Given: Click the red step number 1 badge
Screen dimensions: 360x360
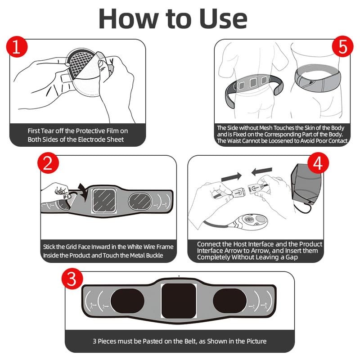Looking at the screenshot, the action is (x=17, y=47).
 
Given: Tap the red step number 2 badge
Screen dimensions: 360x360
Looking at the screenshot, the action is (x=48, y=163).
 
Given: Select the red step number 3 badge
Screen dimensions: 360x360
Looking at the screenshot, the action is (x=72, y=278).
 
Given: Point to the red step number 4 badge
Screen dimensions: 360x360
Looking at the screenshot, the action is (x=318, y=163).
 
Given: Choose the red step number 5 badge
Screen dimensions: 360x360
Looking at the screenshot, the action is (x=343, y=46).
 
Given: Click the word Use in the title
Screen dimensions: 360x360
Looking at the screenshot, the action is (x=223, y=19).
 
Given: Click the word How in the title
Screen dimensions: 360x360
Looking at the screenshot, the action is (x=129, y=19).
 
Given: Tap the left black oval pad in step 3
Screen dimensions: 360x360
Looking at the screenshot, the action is (x=127, y=301).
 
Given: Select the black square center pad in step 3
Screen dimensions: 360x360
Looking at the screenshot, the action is (x=179, y=301).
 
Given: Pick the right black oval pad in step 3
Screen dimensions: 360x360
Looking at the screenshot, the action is (x=230, y=301).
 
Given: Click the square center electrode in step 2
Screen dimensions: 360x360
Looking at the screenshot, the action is (x=104, y=201).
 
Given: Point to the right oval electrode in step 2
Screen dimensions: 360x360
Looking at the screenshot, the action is (x=140, y=201).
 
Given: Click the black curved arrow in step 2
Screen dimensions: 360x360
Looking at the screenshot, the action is (x=83, y=192).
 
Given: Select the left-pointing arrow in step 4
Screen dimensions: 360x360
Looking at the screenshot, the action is (x=262, y=171).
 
